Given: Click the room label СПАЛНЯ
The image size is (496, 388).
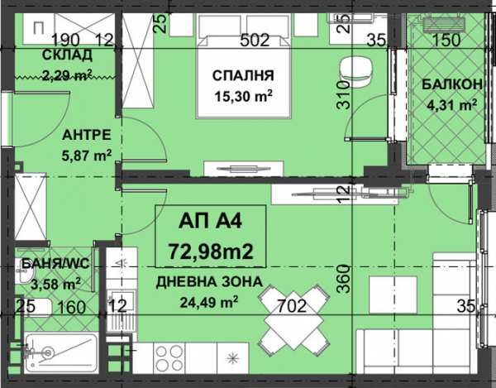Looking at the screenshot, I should [243, 77].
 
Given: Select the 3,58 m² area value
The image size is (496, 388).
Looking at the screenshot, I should [50, 285].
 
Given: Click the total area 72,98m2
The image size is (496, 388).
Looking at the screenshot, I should [211, 247].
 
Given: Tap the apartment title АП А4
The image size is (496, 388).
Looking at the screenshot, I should [211, 221].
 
